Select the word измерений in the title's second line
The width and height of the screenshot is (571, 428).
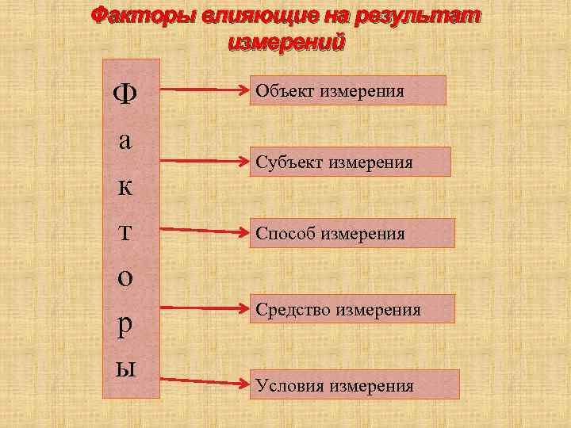point(286,42)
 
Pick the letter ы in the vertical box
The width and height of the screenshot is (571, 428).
point(125,367)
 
